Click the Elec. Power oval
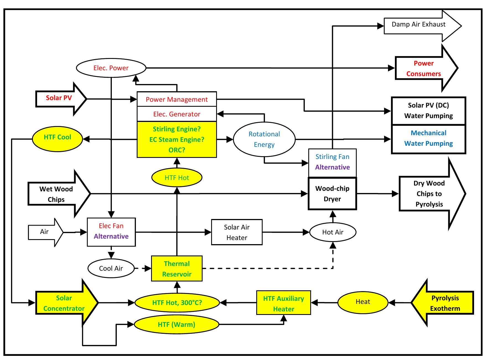tap(111, 68)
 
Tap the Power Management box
tap(177, 99)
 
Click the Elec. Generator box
tap(177, 114)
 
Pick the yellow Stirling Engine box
tap(177, 139)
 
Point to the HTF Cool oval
tap(57, 137)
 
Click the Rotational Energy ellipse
tap(264, 139)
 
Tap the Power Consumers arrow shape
tap(423, 68)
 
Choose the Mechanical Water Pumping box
tap(428, 139)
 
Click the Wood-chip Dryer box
tap(332, 194)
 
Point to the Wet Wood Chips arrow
tap(56, 194)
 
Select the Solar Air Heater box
tap(237, 232)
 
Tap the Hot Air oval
tap(333, 232)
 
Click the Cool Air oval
tap(111, 268)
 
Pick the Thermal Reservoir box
tap(177, 269)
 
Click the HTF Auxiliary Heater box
tap(283, 303)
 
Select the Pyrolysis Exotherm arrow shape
tap(444, 303)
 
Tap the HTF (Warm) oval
tap(177, 324)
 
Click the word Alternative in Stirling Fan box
tap(332, 167)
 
